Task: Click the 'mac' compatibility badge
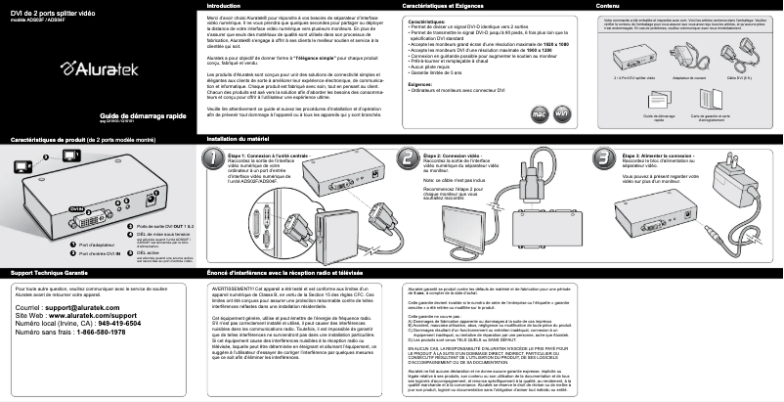(539, 113)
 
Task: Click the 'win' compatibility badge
(561, 113)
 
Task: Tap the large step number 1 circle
(215, 158)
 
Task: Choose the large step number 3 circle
(603, 158)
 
